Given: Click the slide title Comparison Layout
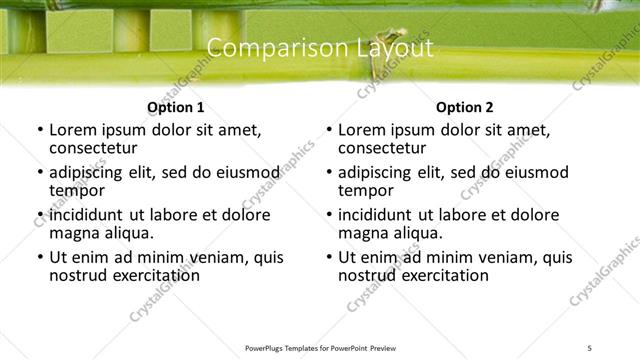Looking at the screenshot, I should [x=320, y=48].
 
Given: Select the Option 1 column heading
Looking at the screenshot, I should [x=176, y=107].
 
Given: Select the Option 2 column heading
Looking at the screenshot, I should [x=465, y=107].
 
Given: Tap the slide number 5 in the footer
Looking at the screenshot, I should [x=589, y=347].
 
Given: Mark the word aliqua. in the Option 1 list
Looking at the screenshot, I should [x=127, y=233].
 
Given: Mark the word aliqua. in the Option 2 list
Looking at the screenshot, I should [x=416, y=233].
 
